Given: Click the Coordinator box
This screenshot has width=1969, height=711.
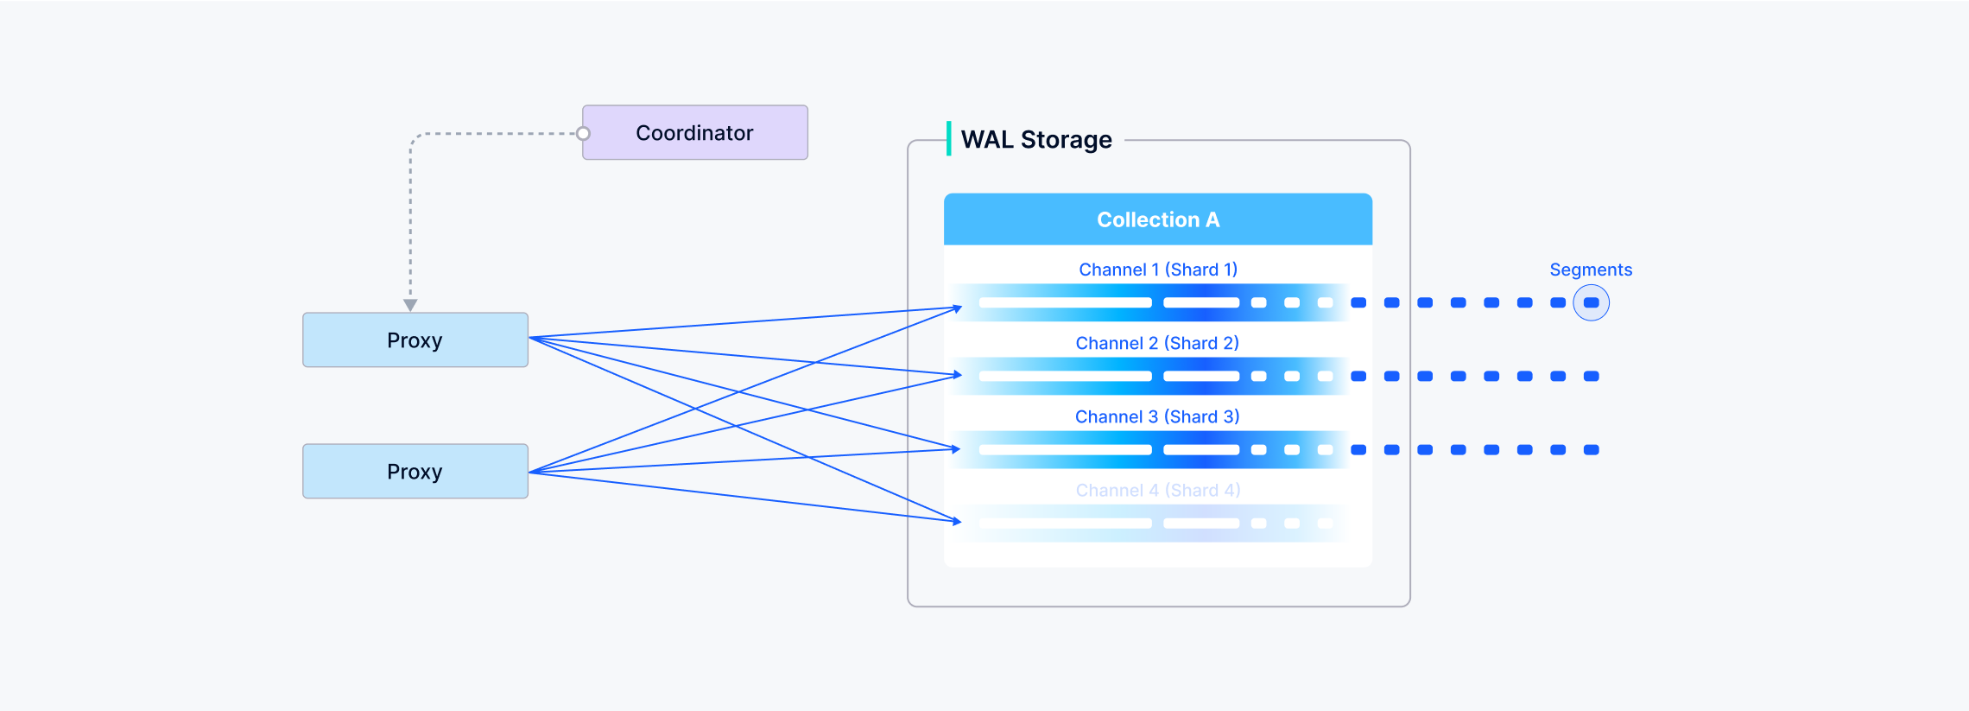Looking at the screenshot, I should (x=695, y=133).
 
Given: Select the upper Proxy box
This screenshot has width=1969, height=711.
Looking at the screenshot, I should (x=415, y=340).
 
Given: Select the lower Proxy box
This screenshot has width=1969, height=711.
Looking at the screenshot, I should (x=415, y=472).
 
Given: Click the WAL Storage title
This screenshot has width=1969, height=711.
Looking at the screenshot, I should (x=1036, y=140).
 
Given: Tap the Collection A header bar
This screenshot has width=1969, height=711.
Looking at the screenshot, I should (x=1158, y=219).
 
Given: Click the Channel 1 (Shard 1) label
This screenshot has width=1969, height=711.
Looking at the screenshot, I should (x=1158, y=270).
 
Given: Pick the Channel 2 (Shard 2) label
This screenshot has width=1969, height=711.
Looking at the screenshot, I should (x=1157, y=343).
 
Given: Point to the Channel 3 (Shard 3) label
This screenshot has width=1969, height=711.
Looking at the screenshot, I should (x=1157, y=416).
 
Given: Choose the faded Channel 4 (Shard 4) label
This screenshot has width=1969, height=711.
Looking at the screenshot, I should (x=1158, y=490).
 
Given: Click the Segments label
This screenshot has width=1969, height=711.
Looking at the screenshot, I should (x=1591, y=270).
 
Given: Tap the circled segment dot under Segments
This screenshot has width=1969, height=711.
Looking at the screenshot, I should (x=1592, y=303).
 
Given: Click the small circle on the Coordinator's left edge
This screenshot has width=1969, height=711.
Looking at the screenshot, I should (x=584, y=134).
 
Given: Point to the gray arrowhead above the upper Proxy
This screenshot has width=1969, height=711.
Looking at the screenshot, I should (x=410, y=305).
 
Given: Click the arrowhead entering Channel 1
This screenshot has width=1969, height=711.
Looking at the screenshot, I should (x=957, y=308).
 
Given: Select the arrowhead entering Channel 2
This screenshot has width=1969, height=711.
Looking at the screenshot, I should (x=957, y=375).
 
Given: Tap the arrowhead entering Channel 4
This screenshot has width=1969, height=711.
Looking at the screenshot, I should (x=957, y=521).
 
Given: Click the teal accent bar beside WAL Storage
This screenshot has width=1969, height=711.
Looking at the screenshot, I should (x=949, y=138).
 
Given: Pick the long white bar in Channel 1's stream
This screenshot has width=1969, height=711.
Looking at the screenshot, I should (x=1065, y=303).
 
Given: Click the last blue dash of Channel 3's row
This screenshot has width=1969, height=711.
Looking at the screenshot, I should (x=1592, y=450).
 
